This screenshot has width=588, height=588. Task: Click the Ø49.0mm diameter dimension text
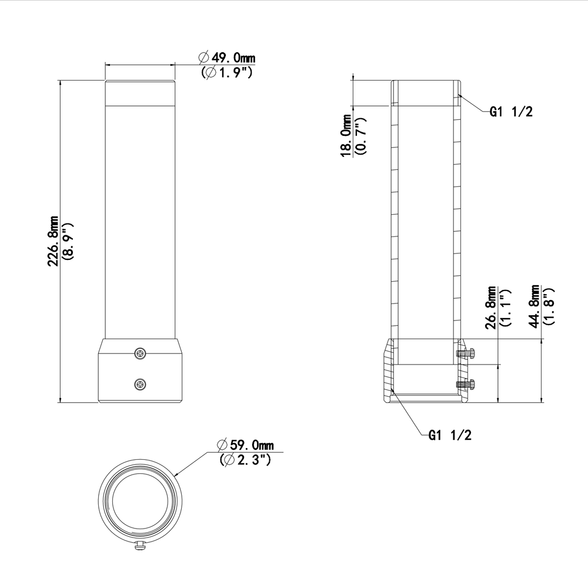(x=228, y=58)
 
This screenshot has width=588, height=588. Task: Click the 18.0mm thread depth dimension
(x=348, y=137)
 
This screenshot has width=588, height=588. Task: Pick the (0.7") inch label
(x=361, y=137)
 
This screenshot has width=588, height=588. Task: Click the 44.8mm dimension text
(x=535, y=306)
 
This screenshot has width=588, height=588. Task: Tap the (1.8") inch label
(x=549, y=306)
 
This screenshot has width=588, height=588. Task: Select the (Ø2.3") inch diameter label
(x=245, y=460)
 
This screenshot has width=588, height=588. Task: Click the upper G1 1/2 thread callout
(x=511, y=112)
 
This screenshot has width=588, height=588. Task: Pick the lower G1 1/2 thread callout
(x=450, y=435)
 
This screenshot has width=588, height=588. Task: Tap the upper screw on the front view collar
(x=140, y=353)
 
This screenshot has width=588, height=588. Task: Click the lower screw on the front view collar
(x=140, y=385)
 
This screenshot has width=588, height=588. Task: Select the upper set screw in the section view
(x=466, y=353)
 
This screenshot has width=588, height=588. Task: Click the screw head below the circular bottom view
(x=140, y=546)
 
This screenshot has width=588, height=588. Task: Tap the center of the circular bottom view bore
(x=140, y=500)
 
